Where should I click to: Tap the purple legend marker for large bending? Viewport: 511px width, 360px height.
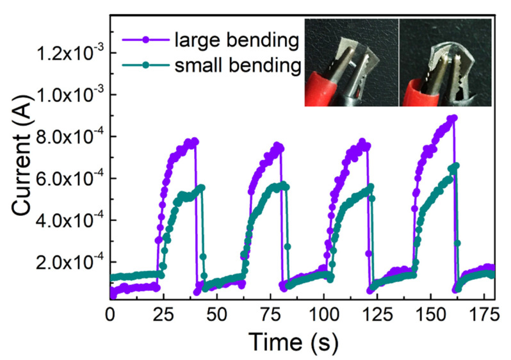point(146,40)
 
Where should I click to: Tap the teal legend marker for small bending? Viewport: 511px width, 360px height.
point(146,65)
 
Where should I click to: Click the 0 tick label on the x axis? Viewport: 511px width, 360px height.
point(110,314)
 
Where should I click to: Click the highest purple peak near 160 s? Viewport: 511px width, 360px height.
point(453,118)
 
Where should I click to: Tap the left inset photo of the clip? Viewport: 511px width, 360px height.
point(351,62)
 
